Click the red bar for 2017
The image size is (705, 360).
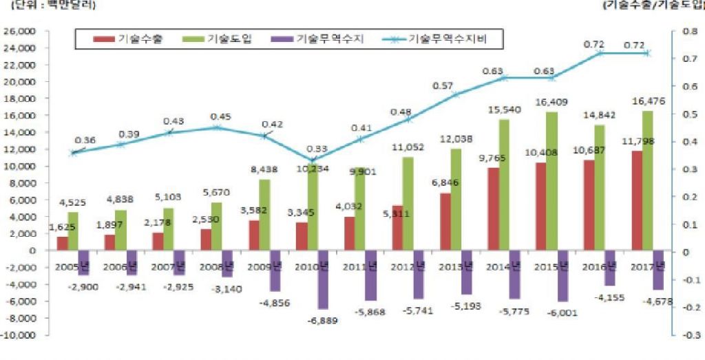click(637, 200)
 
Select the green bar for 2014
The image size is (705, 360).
click(504, 185)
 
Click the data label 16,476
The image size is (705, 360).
click(647, 101)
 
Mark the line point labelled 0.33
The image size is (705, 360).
click(314, 160)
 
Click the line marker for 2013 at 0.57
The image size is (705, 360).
click(456, 94)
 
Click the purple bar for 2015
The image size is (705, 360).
click(562, 275)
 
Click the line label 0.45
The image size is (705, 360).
click(221, 116)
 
